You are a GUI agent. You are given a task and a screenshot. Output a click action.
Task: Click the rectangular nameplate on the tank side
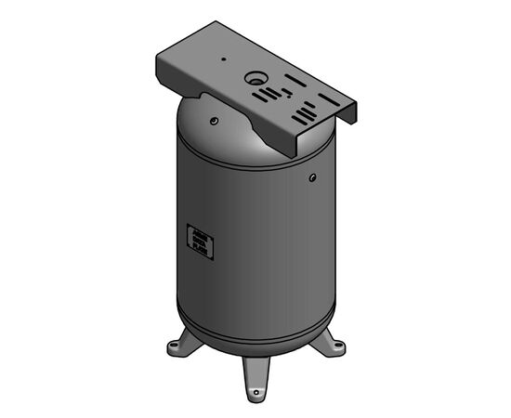click(x=200, y=241)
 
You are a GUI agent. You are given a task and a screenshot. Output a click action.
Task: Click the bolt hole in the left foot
click(x=174, y=351)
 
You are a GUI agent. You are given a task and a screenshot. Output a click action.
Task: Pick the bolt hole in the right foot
click(x=338, y=350)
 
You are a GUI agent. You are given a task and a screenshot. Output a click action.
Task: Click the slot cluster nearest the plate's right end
click(x=305, y=113)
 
